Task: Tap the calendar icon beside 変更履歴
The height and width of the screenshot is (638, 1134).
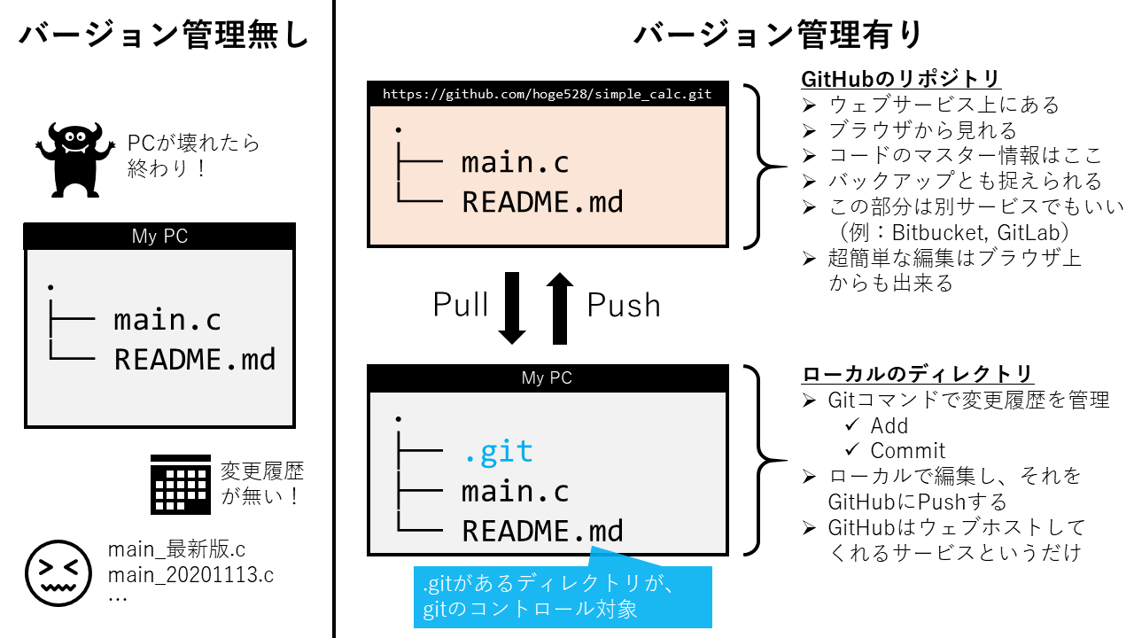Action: (x=182, y=484)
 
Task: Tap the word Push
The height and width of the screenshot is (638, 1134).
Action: (x=624, y=305)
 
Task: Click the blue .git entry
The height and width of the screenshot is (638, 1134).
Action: (x=498, y=452)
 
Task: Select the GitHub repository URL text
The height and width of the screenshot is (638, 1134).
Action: (x=548, y=93)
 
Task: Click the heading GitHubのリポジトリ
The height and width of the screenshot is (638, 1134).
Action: (x=901, y=79)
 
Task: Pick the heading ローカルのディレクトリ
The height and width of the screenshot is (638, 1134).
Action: (x=918, y=374)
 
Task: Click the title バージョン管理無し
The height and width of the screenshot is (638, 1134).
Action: (x=165, y=35)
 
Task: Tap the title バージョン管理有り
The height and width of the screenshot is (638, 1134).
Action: (x=779, y=35)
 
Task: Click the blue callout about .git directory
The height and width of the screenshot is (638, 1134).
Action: (x=563, y=595)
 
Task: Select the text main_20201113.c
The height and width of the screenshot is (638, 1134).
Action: (x=190, y=574)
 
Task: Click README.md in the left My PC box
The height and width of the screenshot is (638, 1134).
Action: (x=195, y=359)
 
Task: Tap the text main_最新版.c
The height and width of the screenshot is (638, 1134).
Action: (x=176, y=549)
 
